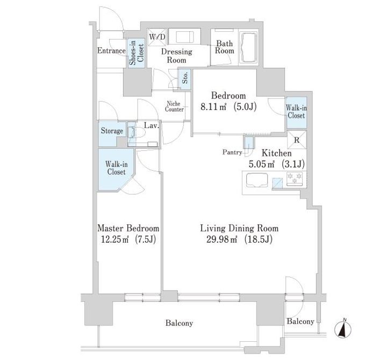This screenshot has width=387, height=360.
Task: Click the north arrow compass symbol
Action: click(x=343, y=329)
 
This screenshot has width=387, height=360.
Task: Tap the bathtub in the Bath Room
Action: click(x=249, y=47)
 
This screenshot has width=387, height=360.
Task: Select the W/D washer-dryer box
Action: click(x=157, y=37)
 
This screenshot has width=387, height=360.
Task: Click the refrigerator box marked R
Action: click(x=297, y=140)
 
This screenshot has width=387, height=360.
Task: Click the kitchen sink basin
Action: click(x=257, y=180)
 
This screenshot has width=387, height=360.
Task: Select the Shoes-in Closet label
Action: click(x=136, y=53)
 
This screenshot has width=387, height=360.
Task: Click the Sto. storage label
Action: click(x=185, y=77)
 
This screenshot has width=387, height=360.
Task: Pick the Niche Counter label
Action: click(x=175, y=107)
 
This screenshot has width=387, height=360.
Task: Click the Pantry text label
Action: click(x=232, y=152)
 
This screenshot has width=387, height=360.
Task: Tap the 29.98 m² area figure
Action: click(x=222, y=239)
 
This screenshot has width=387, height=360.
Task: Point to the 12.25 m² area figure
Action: click(x=115, y=239)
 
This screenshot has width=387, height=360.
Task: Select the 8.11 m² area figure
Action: click(x=213, y=107)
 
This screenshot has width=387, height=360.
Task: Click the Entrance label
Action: click(x=112, y=51)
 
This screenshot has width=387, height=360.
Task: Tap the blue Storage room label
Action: click(x=112, y=131)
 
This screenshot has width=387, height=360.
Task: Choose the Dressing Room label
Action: click(x=177, y=56)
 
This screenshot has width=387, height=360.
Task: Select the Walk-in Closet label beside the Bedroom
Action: click(x=296, y=112)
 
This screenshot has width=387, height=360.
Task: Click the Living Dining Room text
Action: click(x=239, y=228)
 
